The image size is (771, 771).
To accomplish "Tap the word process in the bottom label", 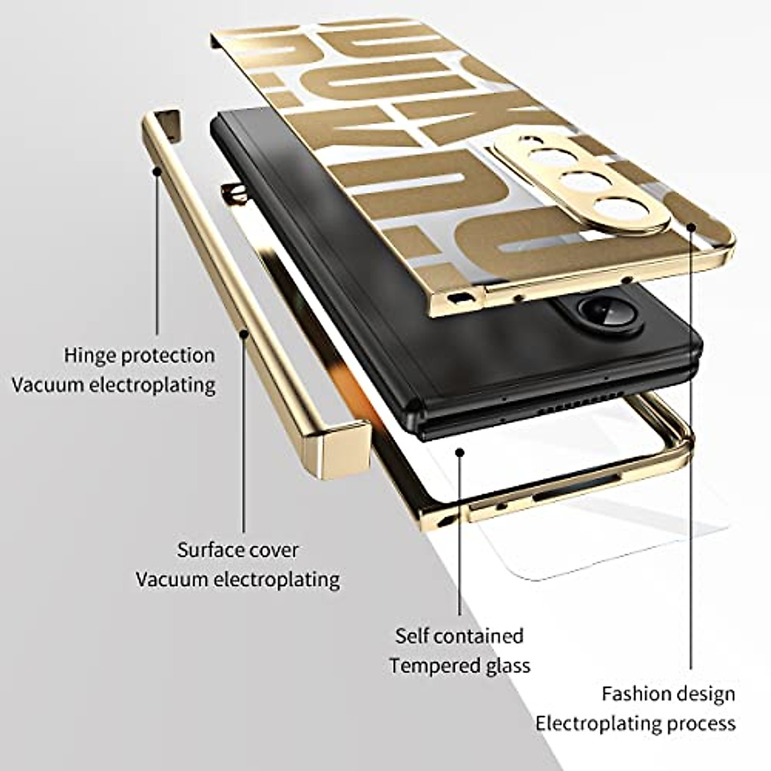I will [701, 723].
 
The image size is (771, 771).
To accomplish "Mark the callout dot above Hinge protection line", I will [157, 171].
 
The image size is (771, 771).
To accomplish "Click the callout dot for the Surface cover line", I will [244, 333].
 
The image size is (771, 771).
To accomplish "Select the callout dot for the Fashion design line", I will [691, 226].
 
